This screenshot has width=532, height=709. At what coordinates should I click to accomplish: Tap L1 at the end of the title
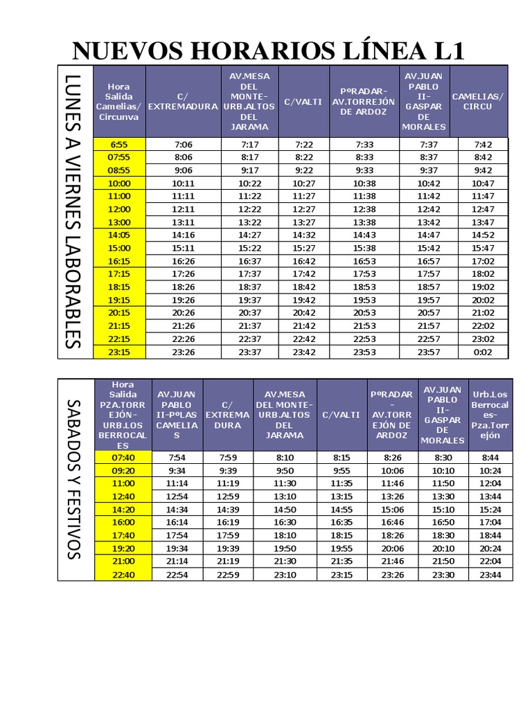click(x=441, y=51)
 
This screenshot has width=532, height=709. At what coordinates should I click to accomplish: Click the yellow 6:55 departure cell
click(x=119, y=144)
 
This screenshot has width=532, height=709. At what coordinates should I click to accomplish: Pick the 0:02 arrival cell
click(x=482, y=352)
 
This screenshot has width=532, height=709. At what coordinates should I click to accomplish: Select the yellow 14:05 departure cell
click(x=119, y=235)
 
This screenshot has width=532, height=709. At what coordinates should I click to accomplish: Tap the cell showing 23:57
click(x=429, y=352)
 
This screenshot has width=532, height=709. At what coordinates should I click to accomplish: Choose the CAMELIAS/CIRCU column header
click(x=477, y=101)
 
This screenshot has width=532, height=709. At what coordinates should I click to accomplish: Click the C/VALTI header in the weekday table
click(x=303, y=101)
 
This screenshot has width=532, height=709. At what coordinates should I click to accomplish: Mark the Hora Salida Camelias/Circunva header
click(x=119, y=101)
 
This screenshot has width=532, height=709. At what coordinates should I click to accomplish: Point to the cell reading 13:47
click(x=482, y=222)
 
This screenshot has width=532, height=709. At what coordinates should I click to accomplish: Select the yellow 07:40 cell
click(x=123, y=457)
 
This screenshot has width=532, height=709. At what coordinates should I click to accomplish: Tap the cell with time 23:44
click(x=490, y=575)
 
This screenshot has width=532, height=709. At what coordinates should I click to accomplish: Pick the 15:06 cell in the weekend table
click(x=391, y=509)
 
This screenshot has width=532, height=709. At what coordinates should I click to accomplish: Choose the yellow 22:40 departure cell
click(x=123, y=575)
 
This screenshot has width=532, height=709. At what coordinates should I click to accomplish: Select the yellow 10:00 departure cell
click(x=119, y=183)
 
